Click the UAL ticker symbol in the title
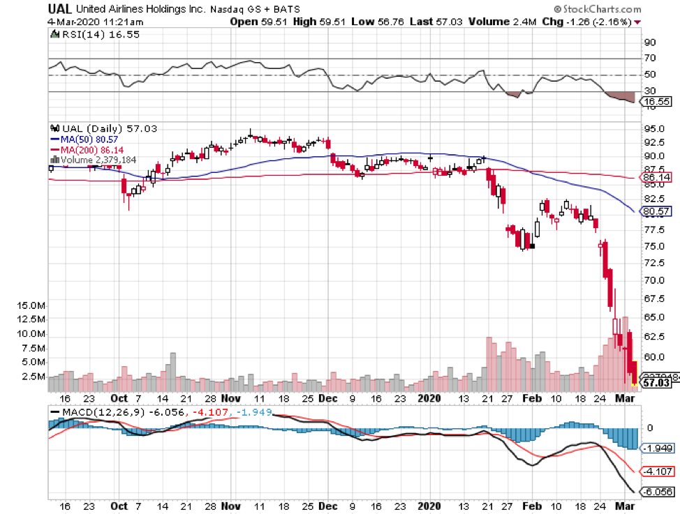pos(61,9)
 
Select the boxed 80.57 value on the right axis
pos(656,211)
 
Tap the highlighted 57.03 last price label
pos(656,383)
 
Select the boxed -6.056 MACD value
pos(657,492)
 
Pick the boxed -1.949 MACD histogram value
pos(657,448)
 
